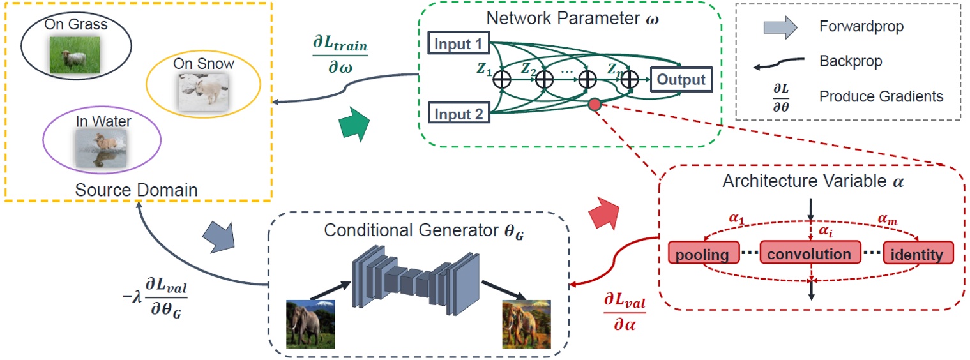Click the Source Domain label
pyautogui.click(x=136, y=190)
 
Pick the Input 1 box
pyautogui.click(x=457, y=45)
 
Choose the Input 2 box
pyautogui.click(x=457, y=115)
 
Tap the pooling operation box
pyautogui.click(x=703, y=254)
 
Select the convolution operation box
pyautogui.click(x=809, y=254)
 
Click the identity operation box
pyautogui.click(x=918, y=254)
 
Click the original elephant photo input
pyautogui.click(x=310, y=324)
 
